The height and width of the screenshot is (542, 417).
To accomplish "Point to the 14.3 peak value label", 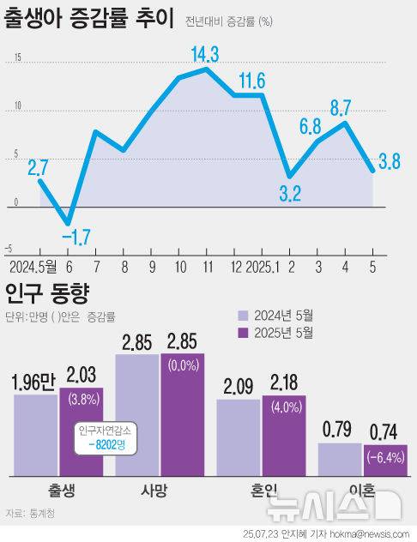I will [x=205, y=55].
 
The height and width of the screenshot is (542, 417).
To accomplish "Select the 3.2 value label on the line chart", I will [x=291, y=194].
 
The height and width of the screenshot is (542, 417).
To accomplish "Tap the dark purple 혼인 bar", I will [x=285, y=437].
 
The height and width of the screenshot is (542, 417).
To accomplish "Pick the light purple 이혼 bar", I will [x=340, y=458].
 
